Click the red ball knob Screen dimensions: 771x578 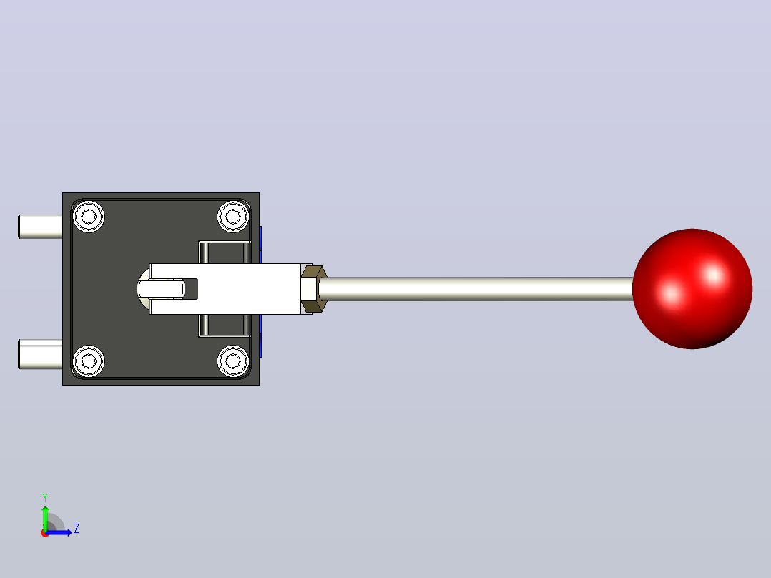pos(692,289)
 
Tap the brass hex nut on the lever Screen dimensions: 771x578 pos(313,289)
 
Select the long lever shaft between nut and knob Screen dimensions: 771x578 pos(476,289)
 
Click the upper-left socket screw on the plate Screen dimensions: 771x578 pos(89,217)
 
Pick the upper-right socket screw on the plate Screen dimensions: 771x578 pos(233,217)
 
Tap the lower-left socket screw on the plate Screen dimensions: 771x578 pos(89,361)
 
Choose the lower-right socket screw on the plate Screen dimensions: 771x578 pos(233,361)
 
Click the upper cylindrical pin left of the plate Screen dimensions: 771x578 pos(40,227)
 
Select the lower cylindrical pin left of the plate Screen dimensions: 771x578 pos(40,353)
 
